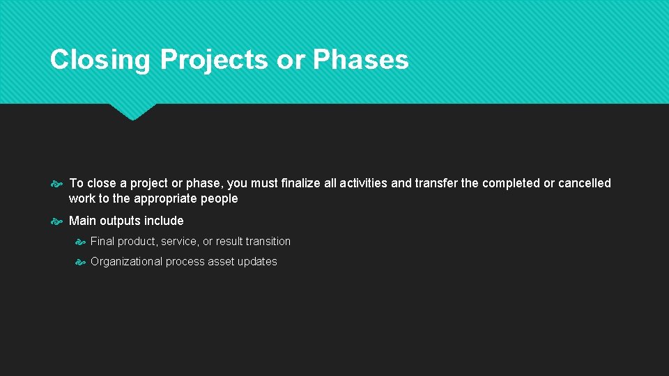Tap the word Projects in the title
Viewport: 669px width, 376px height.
214,60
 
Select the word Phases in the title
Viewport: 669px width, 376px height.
360,60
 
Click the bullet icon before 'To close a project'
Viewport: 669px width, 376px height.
57,184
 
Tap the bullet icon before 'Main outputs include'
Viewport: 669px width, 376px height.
57,221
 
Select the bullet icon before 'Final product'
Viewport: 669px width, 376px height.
80,242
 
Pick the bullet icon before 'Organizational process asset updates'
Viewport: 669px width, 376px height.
80,262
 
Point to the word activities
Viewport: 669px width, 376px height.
363,183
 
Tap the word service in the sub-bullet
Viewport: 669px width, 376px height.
179,241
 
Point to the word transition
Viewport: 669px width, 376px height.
268,241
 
